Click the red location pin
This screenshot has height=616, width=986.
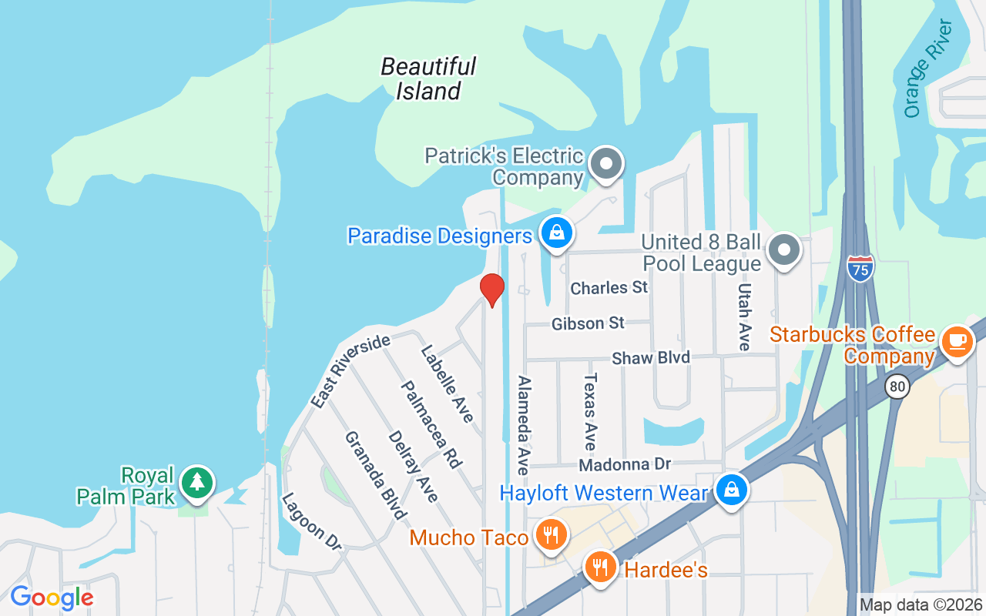[x=491, y=290]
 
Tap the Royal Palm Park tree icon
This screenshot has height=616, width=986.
[x=197, y=483]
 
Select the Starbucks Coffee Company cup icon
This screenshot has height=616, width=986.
[x=957, y=341]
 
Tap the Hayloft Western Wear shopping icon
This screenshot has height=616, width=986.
[x=731, y=489]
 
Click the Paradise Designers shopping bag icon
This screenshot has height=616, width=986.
[x=555, y=232]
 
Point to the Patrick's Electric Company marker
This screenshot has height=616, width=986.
[x=605, y=164]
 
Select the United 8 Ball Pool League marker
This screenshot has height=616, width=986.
[x=784, y=249]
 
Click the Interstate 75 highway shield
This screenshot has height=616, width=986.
[x=860, y=267]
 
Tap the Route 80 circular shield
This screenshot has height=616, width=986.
[x=897, y=386]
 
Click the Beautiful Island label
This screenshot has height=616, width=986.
[x=428, y=79]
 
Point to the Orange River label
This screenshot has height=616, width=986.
[x=927, y=69]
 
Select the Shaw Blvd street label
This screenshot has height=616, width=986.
[x=651, y=358]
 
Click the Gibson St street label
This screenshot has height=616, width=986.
[x=588, y=324]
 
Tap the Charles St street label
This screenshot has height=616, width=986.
[x=609, y=288]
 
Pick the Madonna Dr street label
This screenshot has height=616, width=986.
[x=625, y=465]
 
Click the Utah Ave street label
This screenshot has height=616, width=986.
[x=744, y=316]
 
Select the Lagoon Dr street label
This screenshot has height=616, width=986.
[x=310, y=521]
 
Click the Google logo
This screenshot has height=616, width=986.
[x=52, y=597]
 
